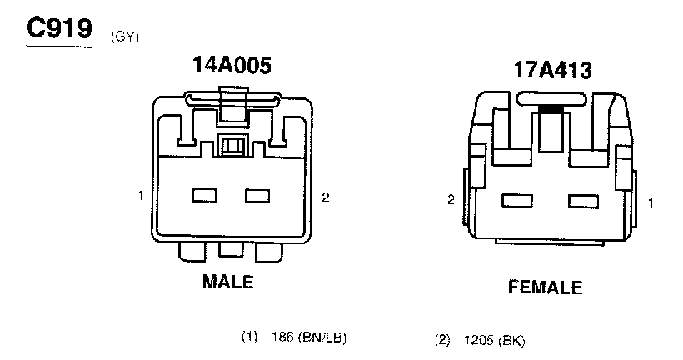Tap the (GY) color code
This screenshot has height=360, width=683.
[x=125, y=37]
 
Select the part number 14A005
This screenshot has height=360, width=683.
[x=232, y=65]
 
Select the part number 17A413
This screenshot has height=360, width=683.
[x=552, y=70]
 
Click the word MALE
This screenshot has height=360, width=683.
[x=228, y=282]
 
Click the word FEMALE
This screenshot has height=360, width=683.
[x=545, y=287]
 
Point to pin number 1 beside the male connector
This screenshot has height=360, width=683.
[x=141, y=196]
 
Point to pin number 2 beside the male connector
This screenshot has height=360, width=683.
[x=325, y=197]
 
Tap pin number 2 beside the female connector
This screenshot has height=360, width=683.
[x=451, y=200]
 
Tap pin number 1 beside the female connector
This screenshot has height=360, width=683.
[x=651, y=202]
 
